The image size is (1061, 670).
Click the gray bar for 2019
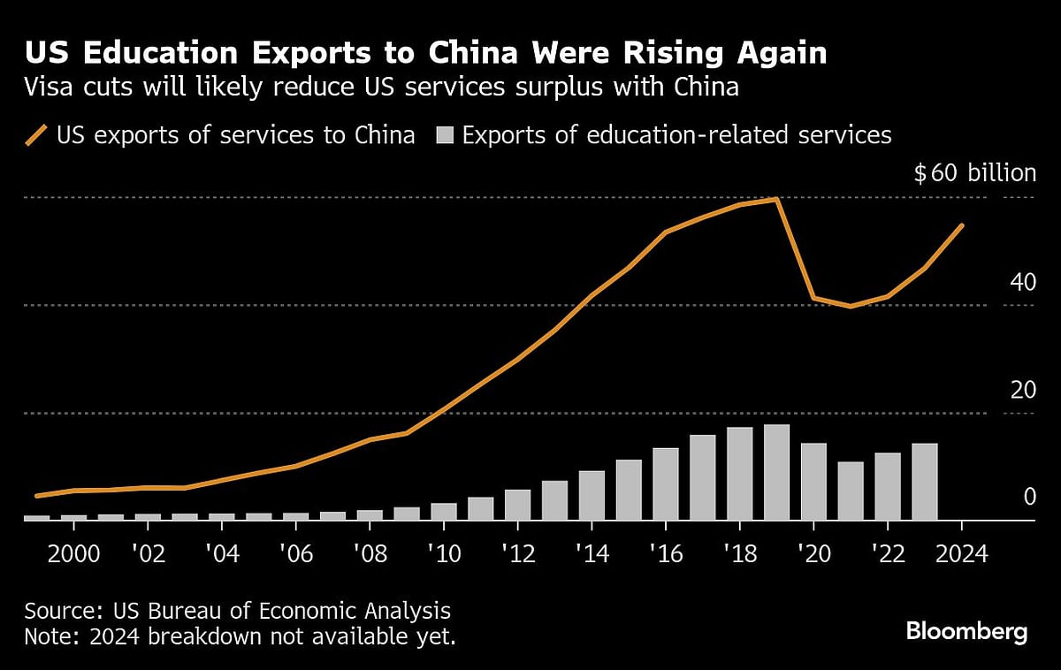coord(776,472)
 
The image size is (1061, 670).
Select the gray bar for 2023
coord(924,482)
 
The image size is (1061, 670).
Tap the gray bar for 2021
coord(851,491)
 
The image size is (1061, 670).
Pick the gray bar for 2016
coord(665,483)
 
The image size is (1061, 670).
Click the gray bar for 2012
coord(517,505)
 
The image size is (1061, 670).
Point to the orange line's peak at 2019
coord(776,199)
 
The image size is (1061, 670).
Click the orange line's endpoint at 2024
coord(962,225)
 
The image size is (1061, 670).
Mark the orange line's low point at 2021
coord(851,306)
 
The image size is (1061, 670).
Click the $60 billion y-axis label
coord(974,172)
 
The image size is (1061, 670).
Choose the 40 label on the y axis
coord(1023,283)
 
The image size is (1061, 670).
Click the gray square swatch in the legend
coord(445,136)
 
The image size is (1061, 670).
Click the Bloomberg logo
coord(966,632)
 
